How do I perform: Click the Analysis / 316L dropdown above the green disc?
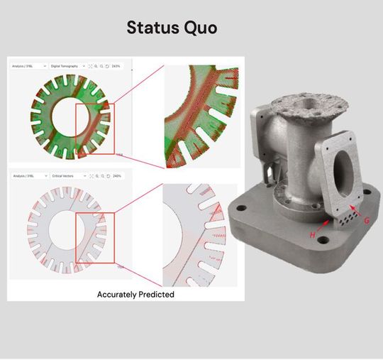pos(29,66)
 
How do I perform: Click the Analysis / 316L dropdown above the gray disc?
pos(29,175)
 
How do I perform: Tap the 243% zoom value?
pos(116,66)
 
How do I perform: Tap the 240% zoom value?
pos(116,175)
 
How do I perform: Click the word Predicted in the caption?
pos(157,294)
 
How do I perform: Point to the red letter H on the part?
pos(313,234)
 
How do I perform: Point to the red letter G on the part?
pos(366,220)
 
